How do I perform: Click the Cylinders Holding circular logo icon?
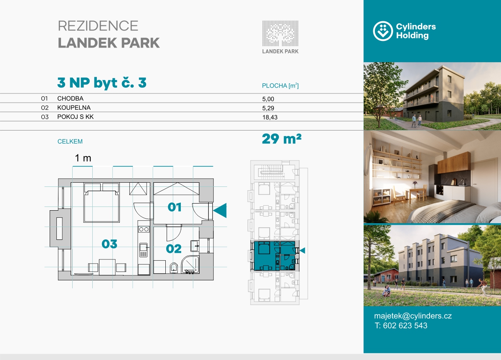click(383, 31)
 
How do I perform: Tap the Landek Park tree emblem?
click(280, 33)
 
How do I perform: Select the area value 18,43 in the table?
click(270, 117)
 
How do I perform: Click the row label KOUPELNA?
click(74, 108)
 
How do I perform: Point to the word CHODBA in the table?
click(70, 98)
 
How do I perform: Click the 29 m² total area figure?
click(281, 139)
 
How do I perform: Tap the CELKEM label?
click(70, 141)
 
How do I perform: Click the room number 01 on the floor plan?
click(175, 207)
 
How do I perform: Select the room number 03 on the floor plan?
click(109, 244)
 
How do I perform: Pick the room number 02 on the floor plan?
click(174, 249)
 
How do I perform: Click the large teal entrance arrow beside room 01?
click(220, 210)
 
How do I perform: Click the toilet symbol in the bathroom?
click(174, 268)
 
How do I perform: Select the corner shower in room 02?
click(190, 265)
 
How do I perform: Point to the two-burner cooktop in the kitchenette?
click(144, 229)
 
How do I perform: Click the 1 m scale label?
click(83, 158)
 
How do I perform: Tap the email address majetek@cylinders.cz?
click(413, 316)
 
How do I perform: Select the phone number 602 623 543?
click(405, 326)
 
